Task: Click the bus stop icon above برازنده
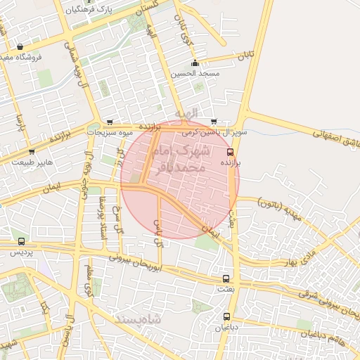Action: click(230, 152)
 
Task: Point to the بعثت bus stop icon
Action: click(225, 278)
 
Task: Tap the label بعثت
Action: click(225, 289)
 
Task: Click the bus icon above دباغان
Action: click(226, 316)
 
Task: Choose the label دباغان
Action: click(226, 327)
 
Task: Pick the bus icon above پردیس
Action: click(21, 242)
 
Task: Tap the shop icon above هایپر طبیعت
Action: click(32, 152)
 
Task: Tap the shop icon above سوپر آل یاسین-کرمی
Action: click(214, 122)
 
